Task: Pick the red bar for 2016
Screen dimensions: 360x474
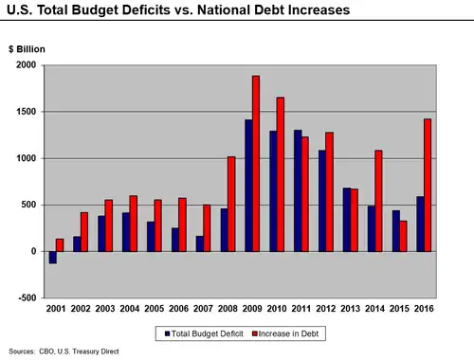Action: click(x=428, y=185)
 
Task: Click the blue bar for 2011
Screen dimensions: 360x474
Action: click(x=298, y=190)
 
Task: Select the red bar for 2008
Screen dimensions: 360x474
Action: click(x=231, y=204)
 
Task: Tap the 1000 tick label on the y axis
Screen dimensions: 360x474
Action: click(x=24, y=158)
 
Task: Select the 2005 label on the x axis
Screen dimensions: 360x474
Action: click(x=154, y=309)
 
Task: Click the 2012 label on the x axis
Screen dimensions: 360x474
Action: click(x=326, y=309)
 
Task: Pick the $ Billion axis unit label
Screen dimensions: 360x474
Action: click(x=27, y=48)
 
